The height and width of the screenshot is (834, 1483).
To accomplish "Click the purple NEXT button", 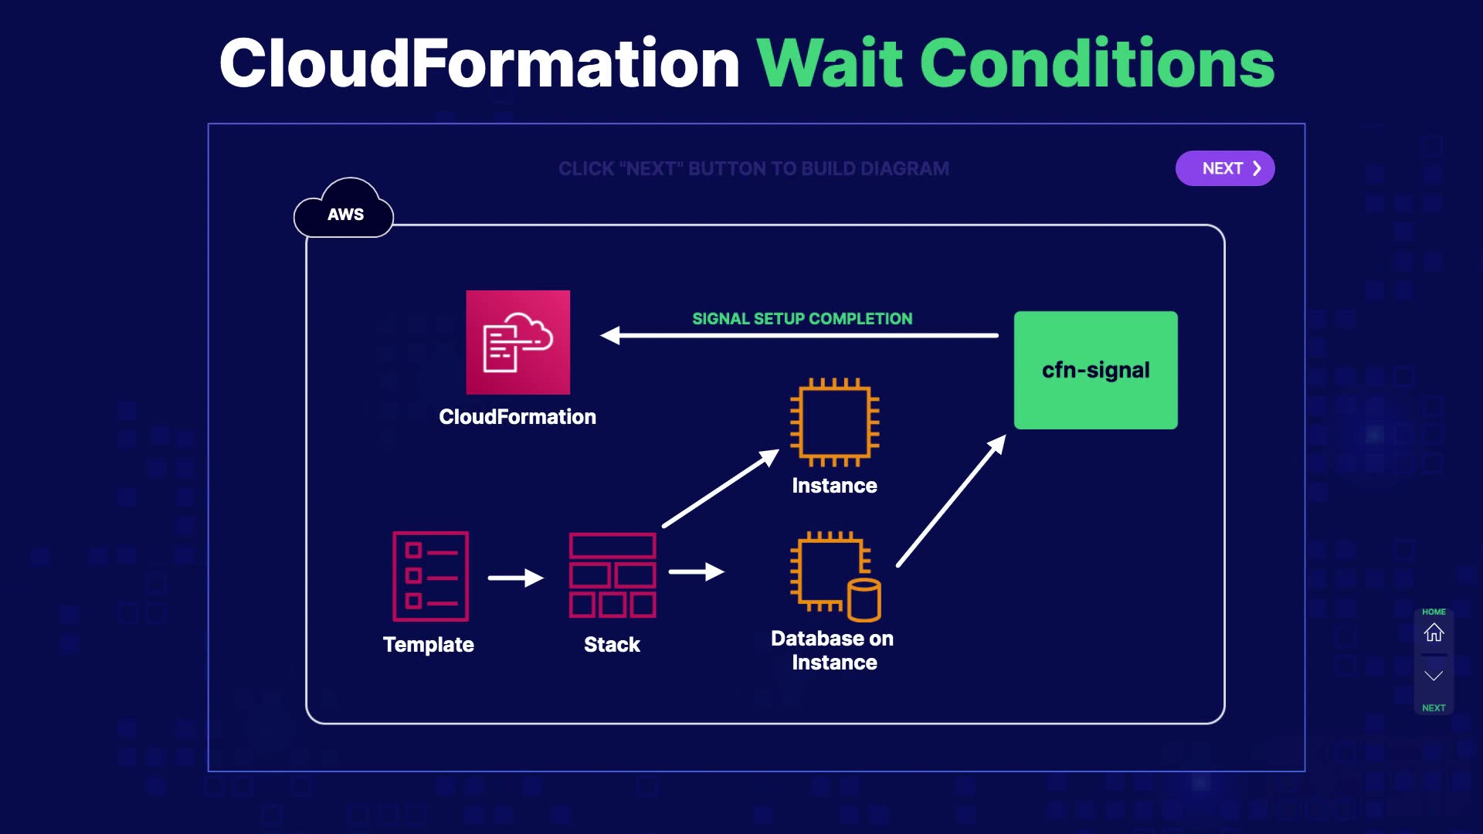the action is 1225,168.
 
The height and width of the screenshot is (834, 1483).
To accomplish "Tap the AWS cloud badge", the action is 344,208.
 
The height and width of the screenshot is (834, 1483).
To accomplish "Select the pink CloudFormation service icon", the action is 518,342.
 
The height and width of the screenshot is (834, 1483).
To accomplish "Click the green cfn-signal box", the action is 1096,370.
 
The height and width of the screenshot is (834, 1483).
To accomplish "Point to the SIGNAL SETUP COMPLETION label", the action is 802,319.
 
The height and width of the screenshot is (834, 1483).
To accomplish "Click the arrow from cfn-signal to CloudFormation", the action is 799,335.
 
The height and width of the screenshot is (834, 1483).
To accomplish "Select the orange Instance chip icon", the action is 835,422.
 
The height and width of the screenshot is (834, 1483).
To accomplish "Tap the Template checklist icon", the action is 430,576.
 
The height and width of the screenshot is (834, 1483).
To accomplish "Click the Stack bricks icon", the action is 613,575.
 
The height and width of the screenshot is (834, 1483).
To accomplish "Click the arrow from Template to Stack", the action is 516,578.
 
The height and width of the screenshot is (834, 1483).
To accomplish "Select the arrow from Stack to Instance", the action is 721,488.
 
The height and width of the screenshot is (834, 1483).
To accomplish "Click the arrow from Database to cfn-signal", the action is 952,500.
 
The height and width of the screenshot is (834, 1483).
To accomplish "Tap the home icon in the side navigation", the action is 1434,632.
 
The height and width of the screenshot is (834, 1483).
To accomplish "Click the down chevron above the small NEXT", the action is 1434,676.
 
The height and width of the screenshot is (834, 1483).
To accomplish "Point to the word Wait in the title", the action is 830,63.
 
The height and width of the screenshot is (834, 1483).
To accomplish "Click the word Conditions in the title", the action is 1097,63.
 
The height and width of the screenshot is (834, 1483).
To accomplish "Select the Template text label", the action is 429,645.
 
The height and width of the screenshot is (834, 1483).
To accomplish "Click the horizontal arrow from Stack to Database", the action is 697,571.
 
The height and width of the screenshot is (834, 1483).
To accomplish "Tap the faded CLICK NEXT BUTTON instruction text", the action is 754,168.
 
